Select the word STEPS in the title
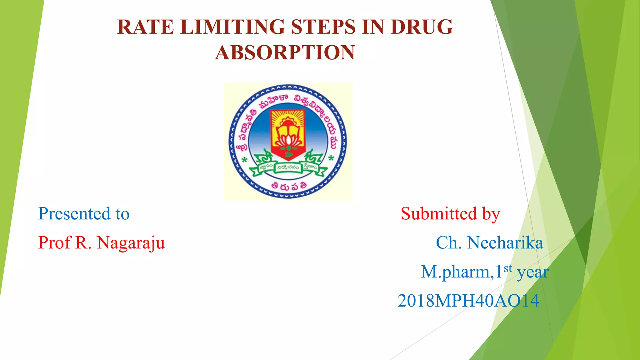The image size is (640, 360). pyautogui.click(x=323, y=27)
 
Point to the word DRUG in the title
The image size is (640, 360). pyautogui.click(x=422, y=27)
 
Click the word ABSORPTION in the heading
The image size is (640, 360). pyautogui.click(x=285, y=52)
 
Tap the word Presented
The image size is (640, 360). pyautogui.click(x=74, y=214)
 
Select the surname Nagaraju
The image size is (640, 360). pyautogui.click(x=131, y=243)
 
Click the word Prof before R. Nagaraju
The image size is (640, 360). pyautogui.click(x=54, y=243)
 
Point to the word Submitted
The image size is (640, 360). pyautogui.click(x=439, y=214)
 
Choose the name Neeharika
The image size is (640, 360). pyautogui.click(x=505, y=243)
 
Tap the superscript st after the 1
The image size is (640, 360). pyautogui.click(x=508, y=268)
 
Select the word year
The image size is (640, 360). pyautogui.click(x=532, y=272)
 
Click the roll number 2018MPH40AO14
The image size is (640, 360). pyautogui.click(x=468, y=301)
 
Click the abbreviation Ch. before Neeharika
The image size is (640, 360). pyautogui.click(x=448, y=243)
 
